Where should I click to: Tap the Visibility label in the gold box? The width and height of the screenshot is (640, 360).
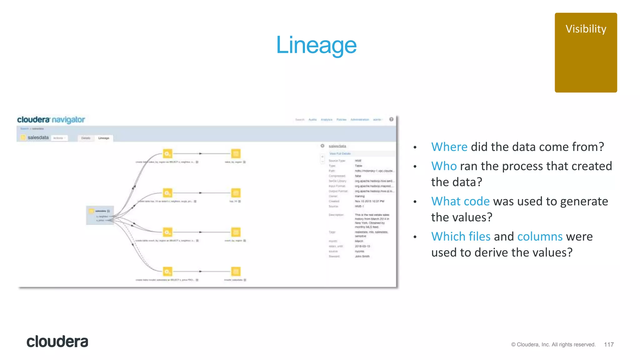tap(586, 29)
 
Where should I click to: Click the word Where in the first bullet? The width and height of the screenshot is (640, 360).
tap(449, 147)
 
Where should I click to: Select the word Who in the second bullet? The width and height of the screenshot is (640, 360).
tap(444, 166)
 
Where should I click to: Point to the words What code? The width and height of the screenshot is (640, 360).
tap(460, 202)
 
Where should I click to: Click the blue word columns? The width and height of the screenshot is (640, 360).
tap(540, 237)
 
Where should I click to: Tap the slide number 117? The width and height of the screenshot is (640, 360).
tap(609, 344)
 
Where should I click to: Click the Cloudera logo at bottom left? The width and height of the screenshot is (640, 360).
tap(57, 342)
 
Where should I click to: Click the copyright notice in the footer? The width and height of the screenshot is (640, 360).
tap(553, 344)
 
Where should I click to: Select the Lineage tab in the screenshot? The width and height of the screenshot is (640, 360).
tap(104, 138)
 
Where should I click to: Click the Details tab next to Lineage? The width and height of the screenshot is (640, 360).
tap(86, 138)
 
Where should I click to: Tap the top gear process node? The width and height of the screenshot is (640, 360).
tap(167, 154)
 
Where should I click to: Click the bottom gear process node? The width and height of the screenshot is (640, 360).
tap(167, 271)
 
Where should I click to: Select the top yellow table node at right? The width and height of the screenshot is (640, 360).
tap(236, 154)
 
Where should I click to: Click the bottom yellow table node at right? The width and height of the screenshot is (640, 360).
tap(236, 271)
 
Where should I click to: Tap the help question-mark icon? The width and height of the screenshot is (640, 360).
tap(391, 119)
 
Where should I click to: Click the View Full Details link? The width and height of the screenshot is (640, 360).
tap(340, 154)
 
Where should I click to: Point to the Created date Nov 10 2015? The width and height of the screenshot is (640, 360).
tap(369, 201)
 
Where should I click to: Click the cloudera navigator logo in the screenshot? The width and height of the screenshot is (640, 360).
tap(51, 120)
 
